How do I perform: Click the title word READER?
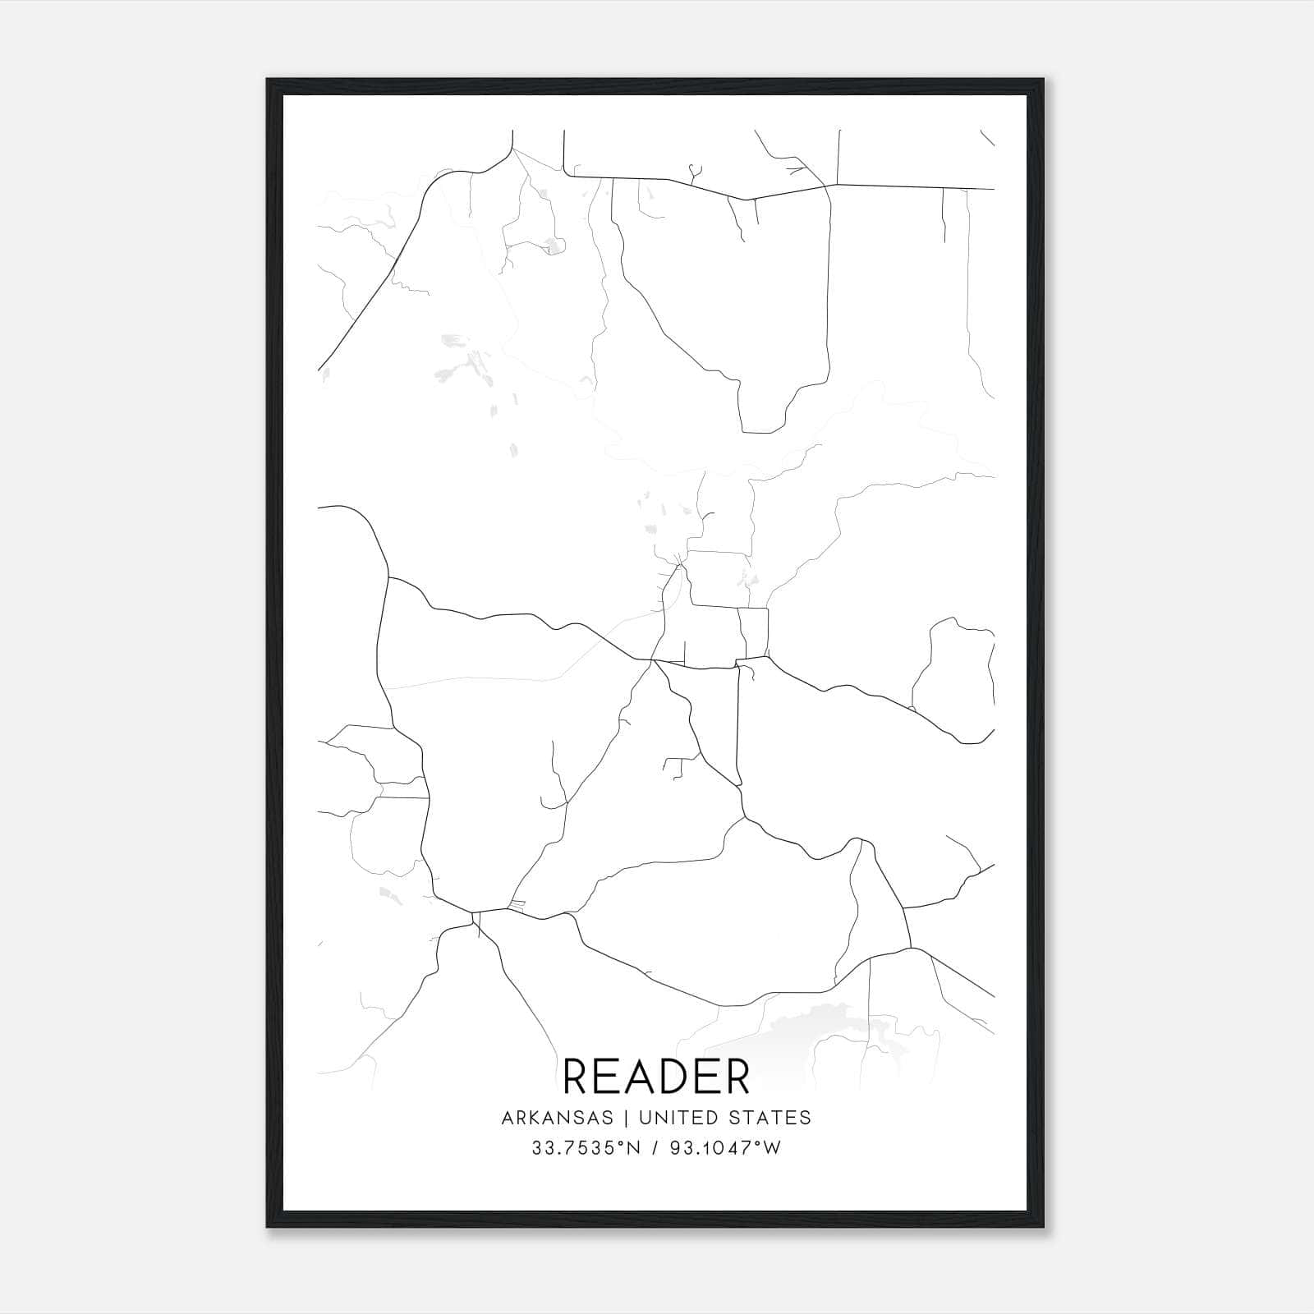click(x=656, y=1076)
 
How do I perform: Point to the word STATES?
click(x=771, y=1117)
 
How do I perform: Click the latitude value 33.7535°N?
click(x=585, y=1148)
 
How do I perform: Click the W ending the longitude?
click(x=772, y=1148)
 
